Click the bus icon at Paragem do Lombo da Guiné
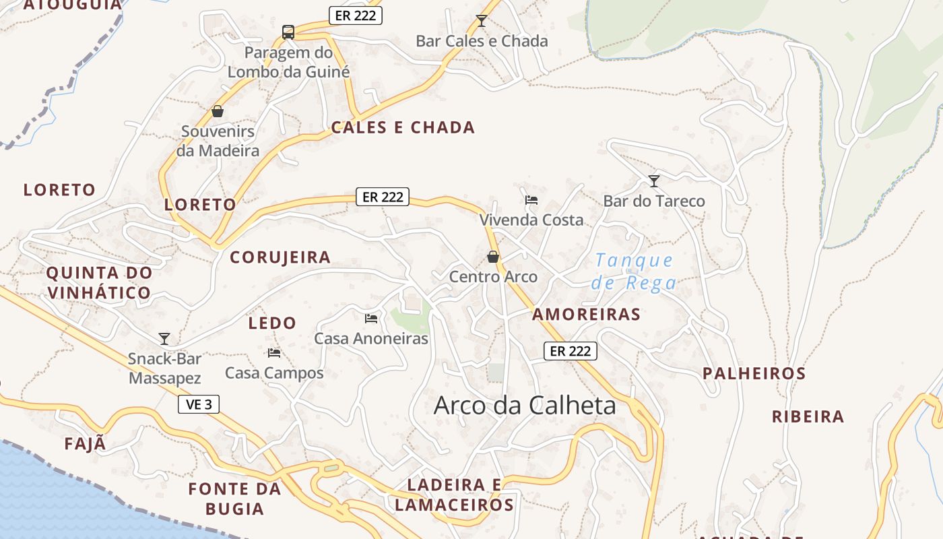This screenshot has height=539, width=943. click(x=288, y=32)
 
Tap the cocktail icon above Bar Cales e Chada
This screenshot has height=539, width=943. click(x=481, y=21)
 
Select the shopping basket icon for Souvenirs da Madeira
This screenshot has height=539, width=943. click(x=217, y=111)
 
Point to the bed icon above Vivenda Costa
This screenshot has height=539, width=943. click(x=531, y=199)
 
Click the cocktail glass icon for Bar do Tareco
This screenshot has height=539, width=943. click(x=653, y=181)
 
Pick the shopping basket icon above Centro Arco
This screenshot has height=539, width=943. click(x=493, y=257)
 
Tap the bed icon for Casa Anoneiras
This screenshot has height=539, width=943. click(x=371, y=318)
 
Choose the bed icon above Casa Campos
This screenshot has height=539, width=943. click(x=274, y=352)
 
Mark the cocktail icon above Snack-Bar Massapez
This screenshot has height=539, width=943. click(x=164, y=338)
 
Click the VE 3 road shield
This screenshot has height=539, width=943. click(x=199, y=404)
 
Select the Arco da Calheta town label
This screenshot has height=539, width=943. click(x=525, y=406)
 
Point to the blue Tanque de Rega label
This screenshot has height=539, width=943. click(x=634, y=271)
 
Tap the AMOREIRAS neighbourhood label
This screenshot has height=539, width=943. click(x=586, y=314)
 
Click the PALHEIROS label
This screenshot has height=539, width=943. click(x=754, y=373)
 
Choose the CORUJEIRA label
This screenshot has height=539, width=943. click(x=280, y=257)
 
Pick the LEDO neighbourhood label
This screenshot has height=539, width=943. click(x=272, y=323)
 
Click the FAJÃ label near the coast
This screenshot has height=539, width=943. click(x=86, y=444)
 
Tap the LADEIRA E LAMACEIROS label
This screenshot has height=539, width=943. click(x=455, y=495)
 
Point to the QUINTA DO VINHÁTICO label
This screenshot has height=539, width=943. click(x=99, y=283)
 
